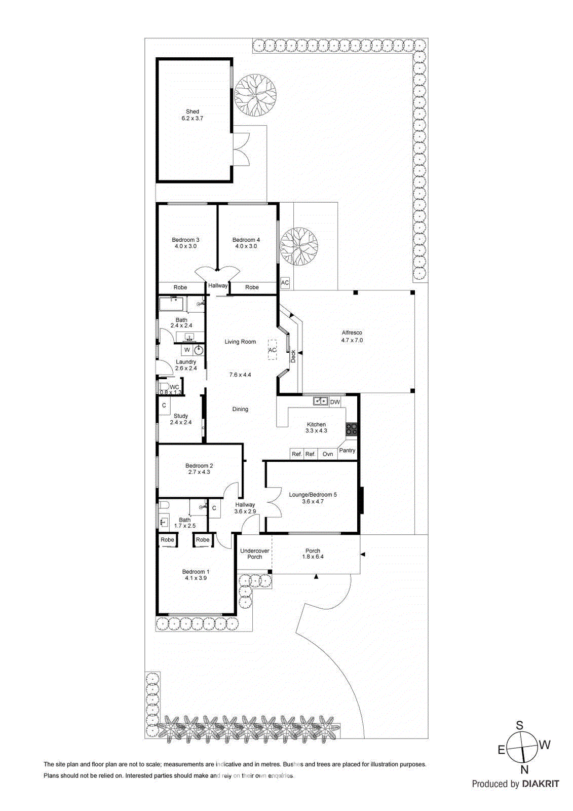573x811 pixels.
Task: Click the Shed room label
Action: [193, 115]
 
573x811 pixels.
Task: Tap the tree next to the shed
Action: [255, 95]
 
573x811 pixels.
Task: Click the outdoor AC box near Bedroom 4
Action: [285, 283]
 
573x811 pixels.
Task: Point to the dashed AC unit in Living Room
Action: [273, 350]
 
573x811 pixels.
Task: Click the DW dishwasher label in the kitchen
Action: [335, 402]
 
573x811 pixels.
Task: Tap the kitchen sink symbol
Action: [320, 401]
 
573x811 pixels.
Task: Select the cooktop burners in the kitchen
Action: [352, 429]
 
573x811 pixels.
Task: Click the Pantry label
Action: [347, 450]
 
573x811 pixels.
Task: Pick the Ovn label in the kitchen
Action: [328, 454]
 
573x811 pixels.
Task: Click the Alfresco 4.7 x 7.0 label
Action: [352, 337]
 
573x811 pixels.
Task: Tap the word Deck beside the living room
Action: [293, 356]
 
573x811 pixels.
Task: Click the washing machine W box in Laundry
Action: [187, 350]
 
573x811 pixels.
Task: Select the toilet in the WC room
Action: [163, 388]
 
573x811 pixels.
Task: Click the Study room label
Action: [181, 419]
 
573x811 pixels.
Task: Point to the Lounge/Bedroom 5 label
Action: [313, 498]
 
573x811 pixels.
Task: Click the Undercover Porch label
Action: [254, 554]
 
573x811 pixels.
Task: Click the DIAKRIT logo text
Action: [541, 784]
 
